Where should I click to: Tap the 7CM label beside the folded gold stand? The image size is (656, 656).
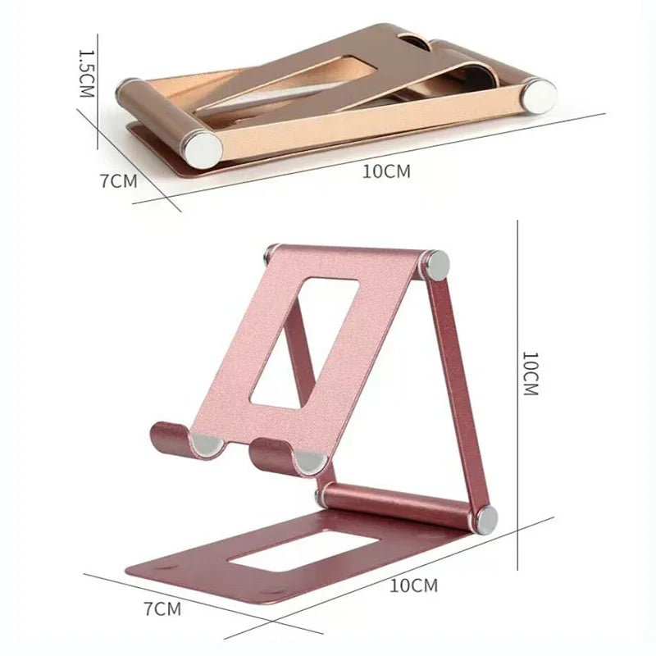(119, 181)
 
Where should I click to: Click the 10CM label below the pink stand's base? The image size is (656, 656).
(413, 585)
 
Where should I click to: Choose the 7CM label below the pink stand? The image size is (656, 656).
(162, 608)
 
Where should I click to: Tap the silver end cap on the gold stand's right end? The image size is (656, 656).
(541, 95)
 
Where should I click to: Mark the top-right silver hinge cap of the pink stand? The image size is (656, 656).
(435, 265)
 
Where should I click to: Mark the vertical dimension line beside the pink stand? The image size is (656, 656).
(517, 394)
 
